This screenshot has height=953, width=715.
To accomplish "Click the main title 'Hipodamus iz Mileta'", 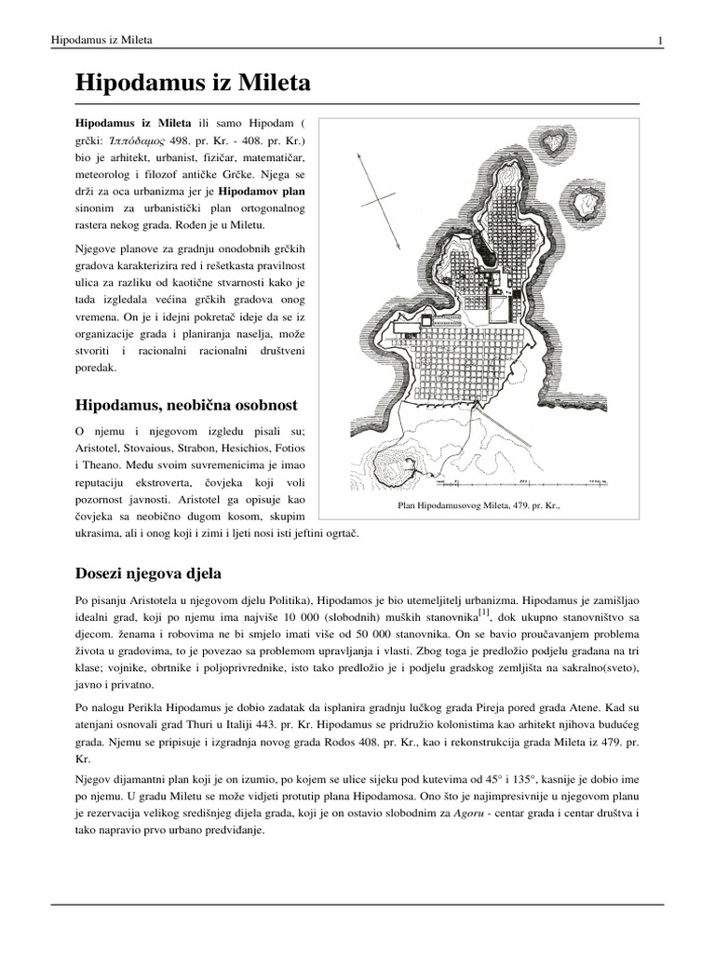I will pos(192,84).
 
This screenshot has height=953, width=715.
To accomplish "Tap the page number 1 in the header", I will pos(660,40).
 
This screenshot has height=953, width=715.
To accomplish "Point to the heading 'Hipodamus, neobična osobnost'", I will pos(186,405).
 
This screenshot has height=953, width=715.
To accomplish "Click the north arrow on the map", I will pos(384,208).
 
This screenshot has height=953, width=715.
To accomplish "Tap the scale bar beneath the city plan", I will pos(521,481).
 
